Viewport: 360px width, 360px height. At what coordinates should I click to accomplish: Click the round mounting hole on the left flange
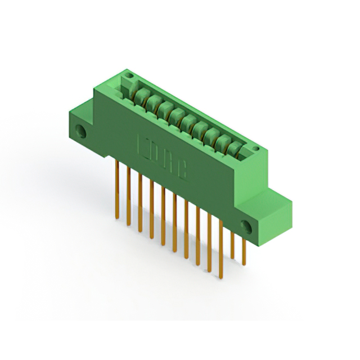82,133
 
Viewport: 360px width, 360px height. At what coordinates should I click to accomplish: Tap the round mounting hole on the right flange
246,226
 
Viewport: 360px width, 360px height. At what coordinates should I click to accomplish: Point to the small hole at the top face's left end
129,75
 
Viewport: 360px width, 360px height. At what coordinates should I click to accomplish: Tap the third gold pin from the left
139,202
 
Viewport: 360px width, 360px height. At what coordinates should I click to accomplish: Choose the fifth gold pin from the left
163,217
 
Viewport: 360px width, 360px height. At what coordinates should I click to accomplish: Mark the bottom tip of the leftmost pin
116,217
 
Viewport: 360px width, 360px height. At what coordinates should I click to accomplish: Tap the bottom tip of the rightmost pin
244,262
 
